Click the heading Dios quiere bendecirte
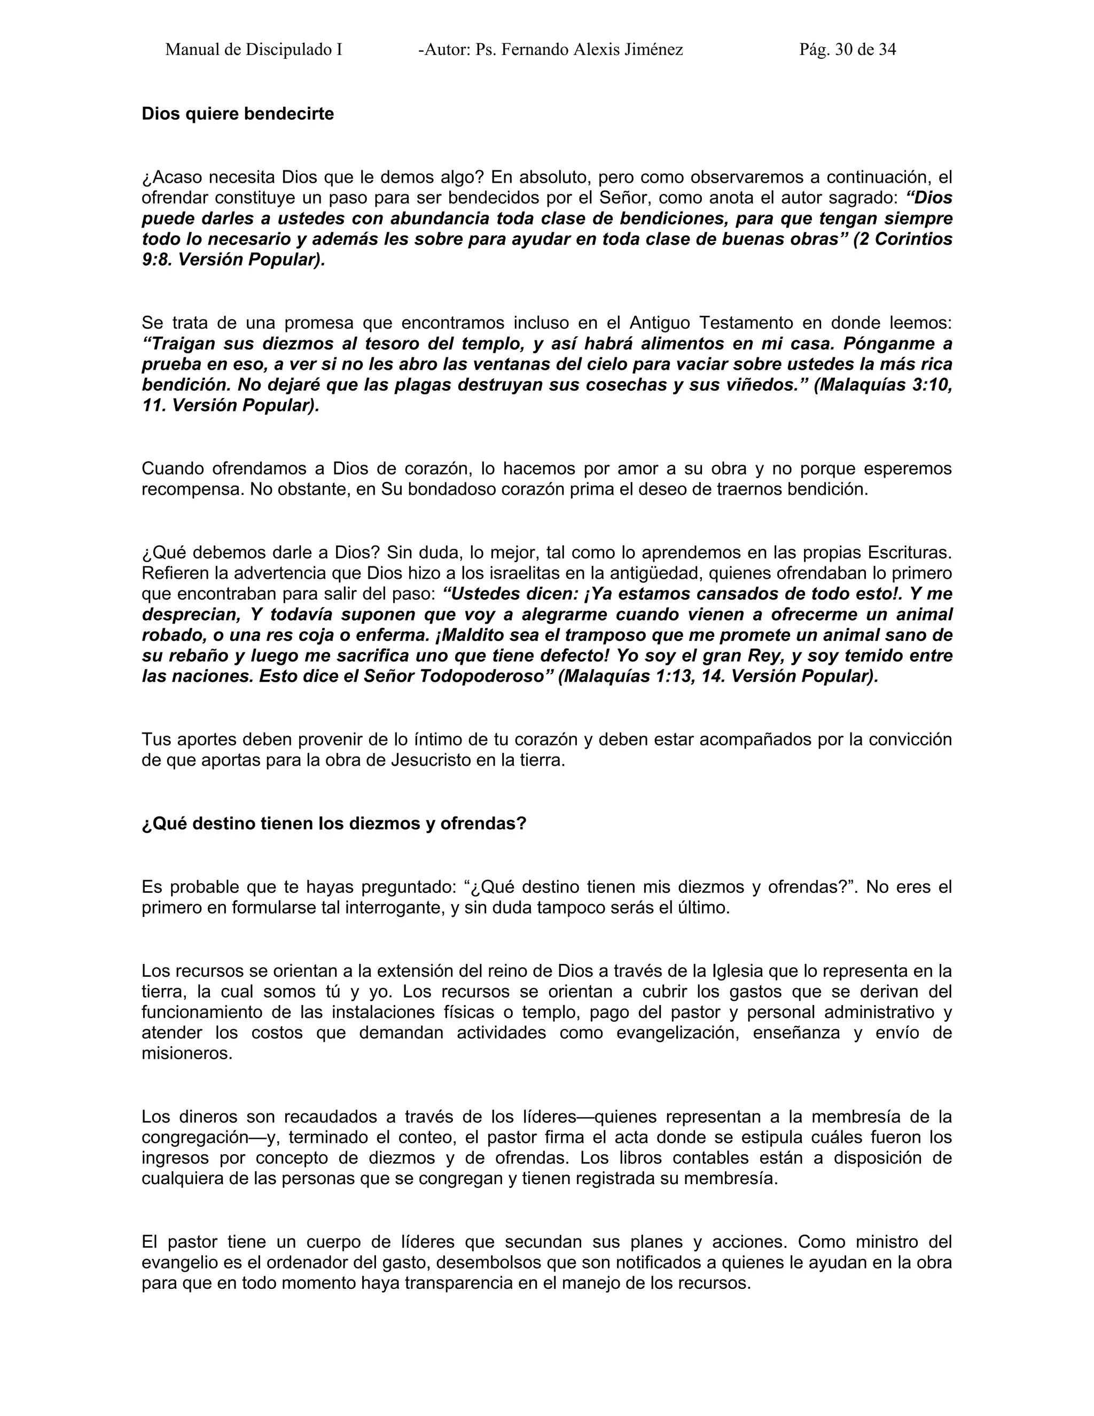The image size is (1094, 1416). (x=237, y=114)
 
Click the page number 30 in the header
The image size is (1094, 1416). (x=844, y=49)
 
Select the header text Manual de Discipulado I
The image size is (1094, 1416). (x=253, y=49)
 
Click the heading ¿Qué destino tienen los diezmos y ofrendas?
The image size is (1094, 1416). (x=334, y=823)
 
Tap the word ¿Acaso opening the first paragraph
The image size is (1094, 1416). (x=173, y=177)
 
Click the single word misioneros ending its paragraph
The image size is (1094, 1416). (x=186, y=1054)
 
